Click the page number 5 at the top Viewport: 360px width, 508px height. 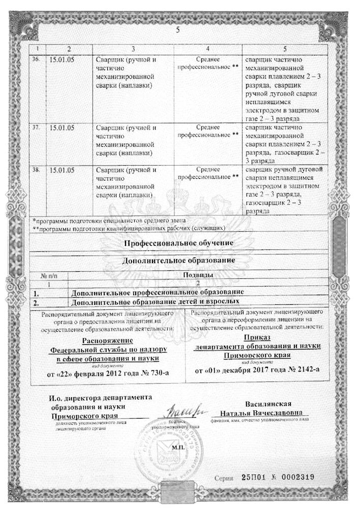(178, 29)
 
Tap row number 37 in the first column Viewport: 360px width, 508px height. (36, 126)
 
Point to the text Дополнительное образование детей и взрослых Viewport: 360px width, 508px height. (155, 302)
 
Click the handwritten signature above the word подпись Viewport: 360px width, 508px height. (175, 409)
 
